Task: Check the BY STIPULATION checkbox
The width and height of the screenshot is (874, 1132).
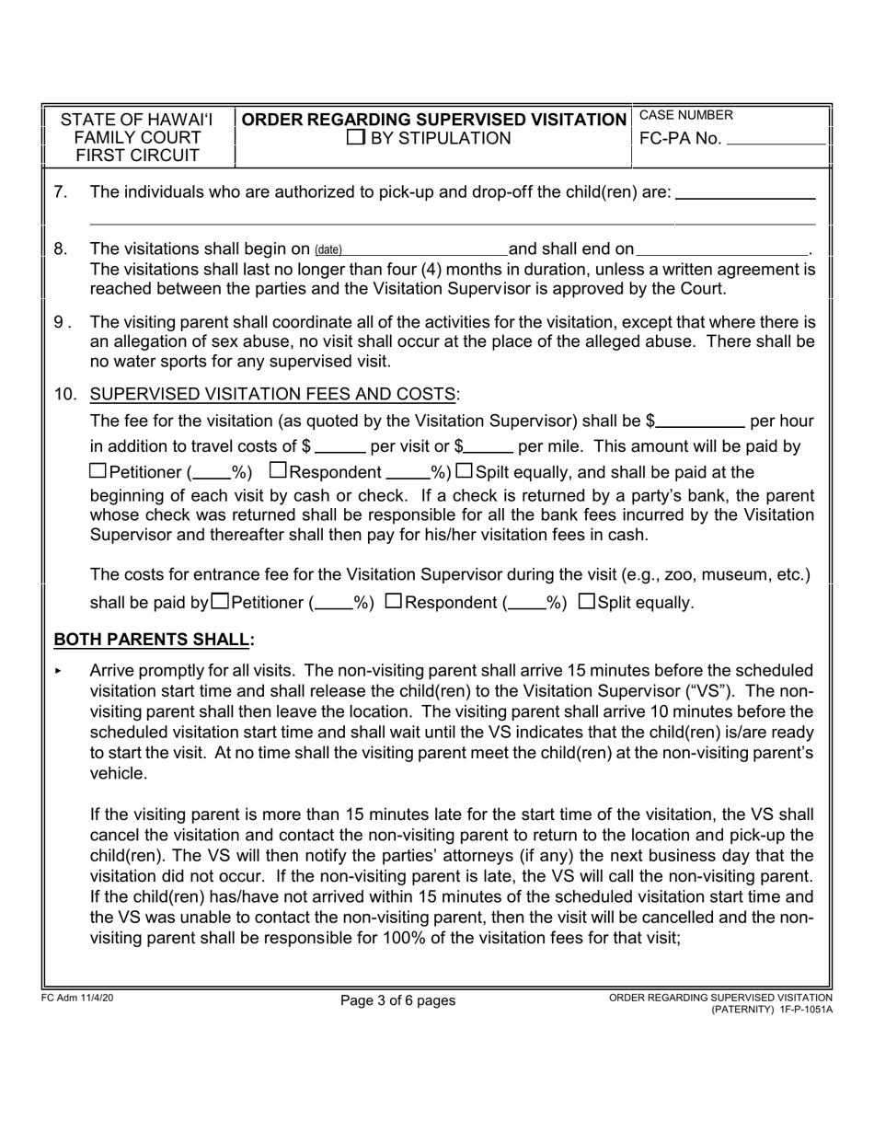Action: [x=355, y=139]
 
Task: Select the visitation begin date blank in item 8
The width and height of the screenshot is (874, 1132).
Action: [x=425, y=249]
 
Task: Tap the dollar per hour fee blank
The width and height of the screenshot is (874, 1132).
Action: [x=701, y=422]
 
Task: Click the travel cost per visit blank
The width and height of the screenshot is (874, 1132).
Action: [x=339, y=447]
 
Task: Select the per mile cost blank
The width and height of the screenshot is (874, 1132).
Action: [x=489, y=447]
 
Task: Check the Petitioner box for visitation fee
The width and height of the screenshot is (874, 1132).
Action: [x=98, y=471]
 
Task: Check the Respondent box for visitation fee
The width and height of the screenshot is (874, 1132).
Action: [x=279, y=471]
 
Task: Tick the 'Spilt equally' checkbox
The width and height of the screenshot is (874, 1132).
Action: [x=465, y=471]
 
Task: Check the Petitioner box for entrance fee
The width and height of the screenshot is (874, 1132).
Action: [x=221, y=602]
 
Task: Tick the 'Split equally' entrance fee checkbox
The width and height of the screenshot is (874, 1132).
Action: [x=587, y=602]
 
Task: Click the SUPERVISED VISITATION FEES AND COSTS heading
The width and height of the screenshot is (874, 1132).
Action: [x=272, y=395]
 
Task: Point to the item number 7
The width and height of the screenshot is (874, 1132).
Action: [x=61, y=192]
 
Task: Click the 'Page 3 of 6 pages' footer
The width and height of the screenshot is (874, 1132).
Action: [x=397, y=1000]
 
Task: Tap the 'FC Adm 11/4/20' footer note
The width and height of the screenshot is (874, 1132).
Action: [x=78, y=998]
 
